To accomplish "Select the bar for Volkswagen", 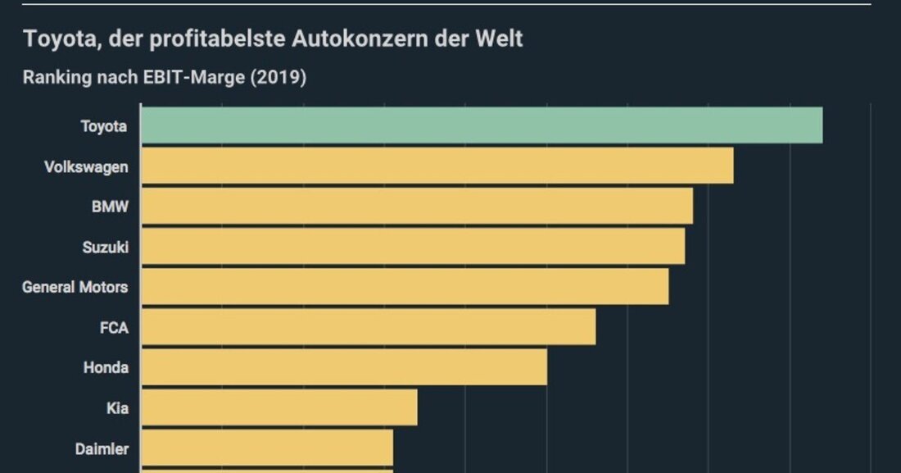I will tap(437, 166).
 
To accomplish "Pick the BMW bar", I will tap(417, 207).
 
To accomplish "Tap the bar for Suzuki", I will tap(413, 247).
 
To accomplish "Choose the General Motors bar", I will tap(405, 287).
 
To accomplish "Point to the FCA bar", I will tap(369, 327).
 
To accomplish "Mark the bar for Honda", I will tap(344, 367).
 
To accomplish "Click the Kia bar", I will tap(279, 407).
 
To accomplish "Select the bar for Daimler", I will tap(267, 448).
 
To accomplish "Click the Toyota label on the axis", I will tap(104, 126).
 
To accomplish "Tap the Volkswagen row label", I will tap(86, 166).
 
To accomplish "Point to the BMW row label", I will tap(110, 207).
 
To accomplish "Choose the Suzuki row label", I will tap(106, 247).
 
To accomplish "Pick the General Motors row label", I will tap(75, 287).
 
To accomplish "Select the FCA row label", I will tap(113, 327).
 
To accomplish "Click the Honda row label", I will tap(106, 367).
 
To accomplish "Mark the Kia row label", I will tap(117, 407).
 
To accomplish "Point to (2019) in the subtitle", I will tap(278, 78).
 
